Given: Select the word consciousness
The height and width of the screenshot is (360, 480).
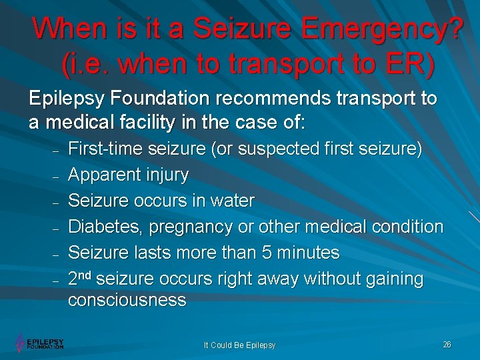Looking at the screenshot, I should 127,300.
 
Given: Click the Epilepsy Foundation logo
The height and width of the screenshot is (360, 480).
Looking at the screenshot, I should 40,343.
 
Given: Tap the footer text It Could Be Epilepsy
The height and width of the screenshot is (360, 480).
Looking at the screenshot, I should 239,345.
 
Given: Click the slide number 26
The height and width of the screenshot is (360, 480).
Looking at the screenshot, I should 447,344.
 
